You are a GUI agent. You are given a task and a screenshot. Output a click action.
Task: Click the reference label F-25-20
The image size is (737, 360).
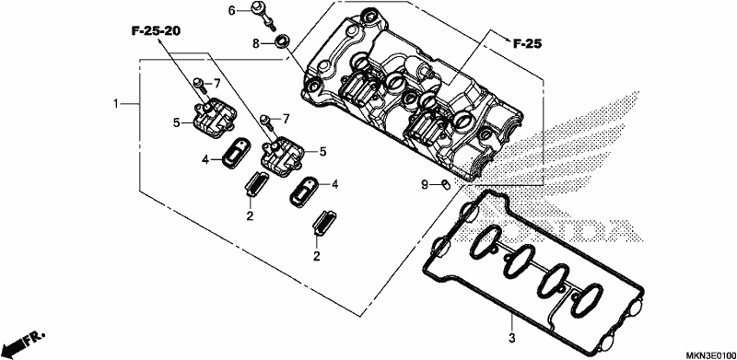coord(156,31)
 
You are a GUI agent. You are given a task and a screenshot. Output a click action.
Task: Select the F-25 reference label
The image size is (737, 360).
coord(527,44)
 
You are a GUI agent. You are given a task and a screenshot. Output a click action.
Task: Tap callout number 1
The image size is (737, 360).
coord(116,103)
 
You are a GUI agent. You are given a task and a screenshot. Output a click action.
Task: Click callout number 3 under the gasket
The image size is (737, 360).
coord(512,337)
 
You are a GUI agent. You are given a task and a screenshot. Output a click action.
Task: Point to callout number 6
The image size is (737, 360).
coord(231,10)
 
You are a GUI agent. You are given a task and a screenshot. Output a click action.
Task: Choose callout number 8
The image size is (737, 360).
coord(256,43)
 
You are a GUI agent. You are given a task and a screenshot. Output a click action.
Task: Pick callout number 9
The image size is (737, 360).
coord(425,185)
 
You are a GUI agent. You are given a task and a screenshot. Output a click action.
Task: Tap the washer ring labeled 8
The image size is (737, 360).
coord(282,41)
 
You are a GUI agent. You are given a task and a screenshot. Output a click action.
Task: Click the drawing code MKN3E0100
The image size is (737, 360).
coord(709,354)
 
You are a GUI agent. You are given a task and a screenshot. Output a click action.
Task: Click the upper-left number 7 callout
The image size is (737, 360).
coord(216,84)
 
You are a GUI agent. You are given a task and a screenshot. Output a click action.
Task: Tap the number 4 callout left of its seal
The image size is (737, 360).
coord(205,160)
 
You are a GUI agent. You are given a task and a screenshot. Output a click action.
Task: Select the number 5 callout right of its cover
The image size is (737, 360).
coord(323,151)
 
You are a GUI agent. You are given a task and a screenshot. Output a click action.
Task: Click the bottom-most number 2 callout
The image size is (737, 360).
coord(317,256)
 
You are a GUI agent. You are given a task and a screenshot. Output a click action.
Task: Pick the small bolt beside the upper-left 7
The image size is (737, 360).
coord(199,85)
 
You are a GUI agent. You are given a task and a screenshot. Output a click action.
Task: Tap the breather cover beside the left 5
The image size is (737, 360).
coord(214,119)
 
